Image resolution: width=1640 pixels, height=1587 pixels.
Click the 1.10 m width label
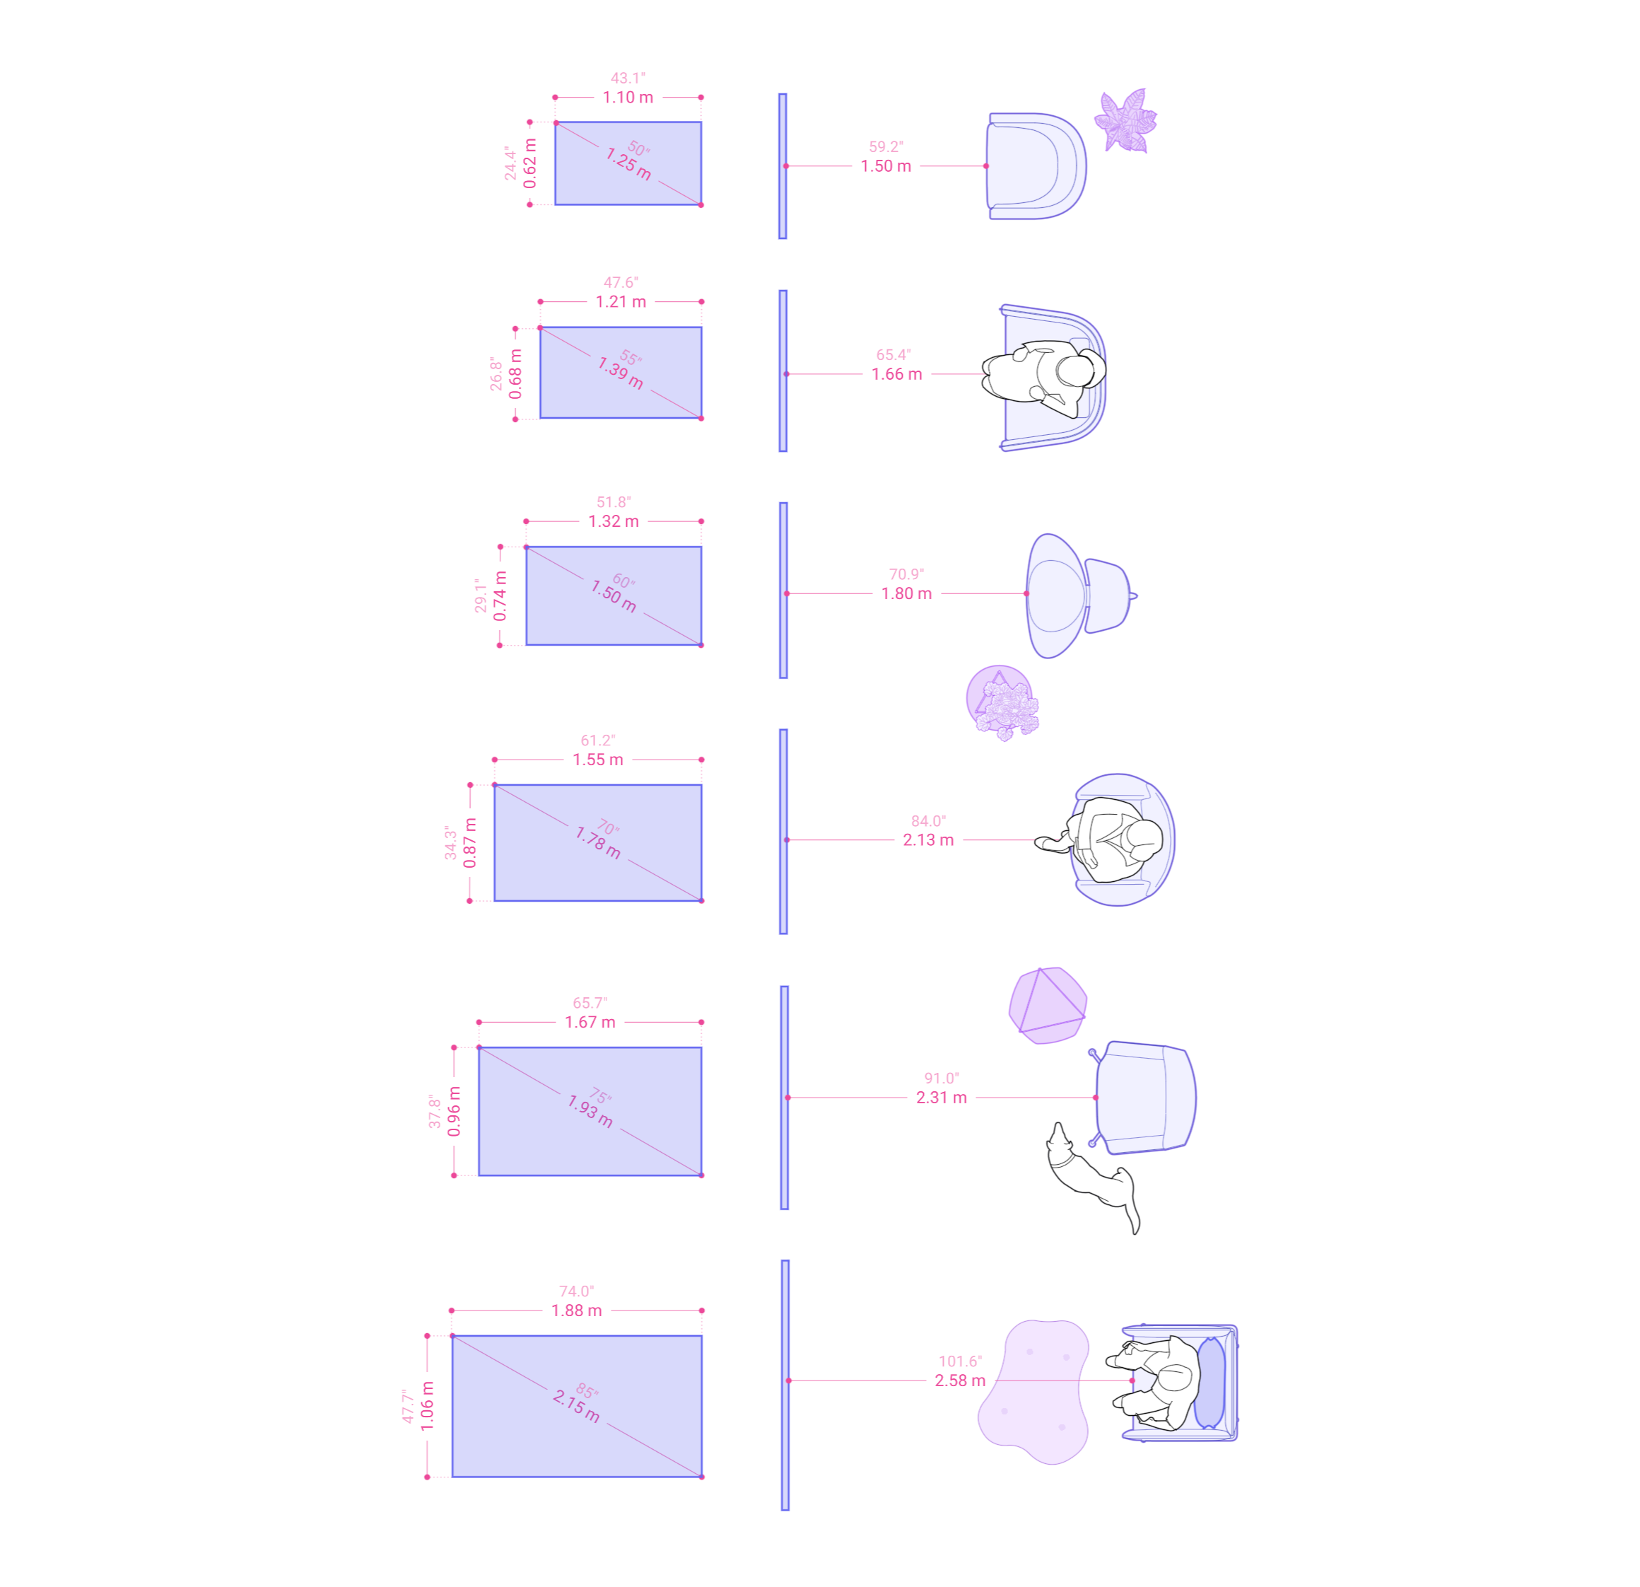628,97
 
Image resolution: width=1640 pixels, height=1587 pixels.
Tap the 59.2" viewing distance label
885,146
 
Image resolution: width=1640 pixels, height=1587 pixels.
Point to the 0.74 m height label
500,596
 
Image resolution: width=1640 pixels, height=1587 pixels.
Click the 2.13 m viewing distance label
928,839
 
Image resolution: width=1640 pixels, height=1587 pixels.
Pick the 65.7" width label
590,1003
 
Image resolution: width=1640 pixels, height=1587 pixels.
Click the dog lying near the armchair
1092,1176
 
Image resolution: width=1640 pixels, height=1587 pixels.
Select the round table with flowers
1002,702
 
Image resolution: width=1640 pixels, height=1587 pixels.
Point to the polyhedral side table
1048,1004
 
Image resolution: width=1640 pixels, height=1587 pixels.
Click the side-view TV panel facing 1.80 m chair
783,590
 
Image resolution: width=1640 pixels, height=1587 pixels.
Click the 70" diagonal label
609,828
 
